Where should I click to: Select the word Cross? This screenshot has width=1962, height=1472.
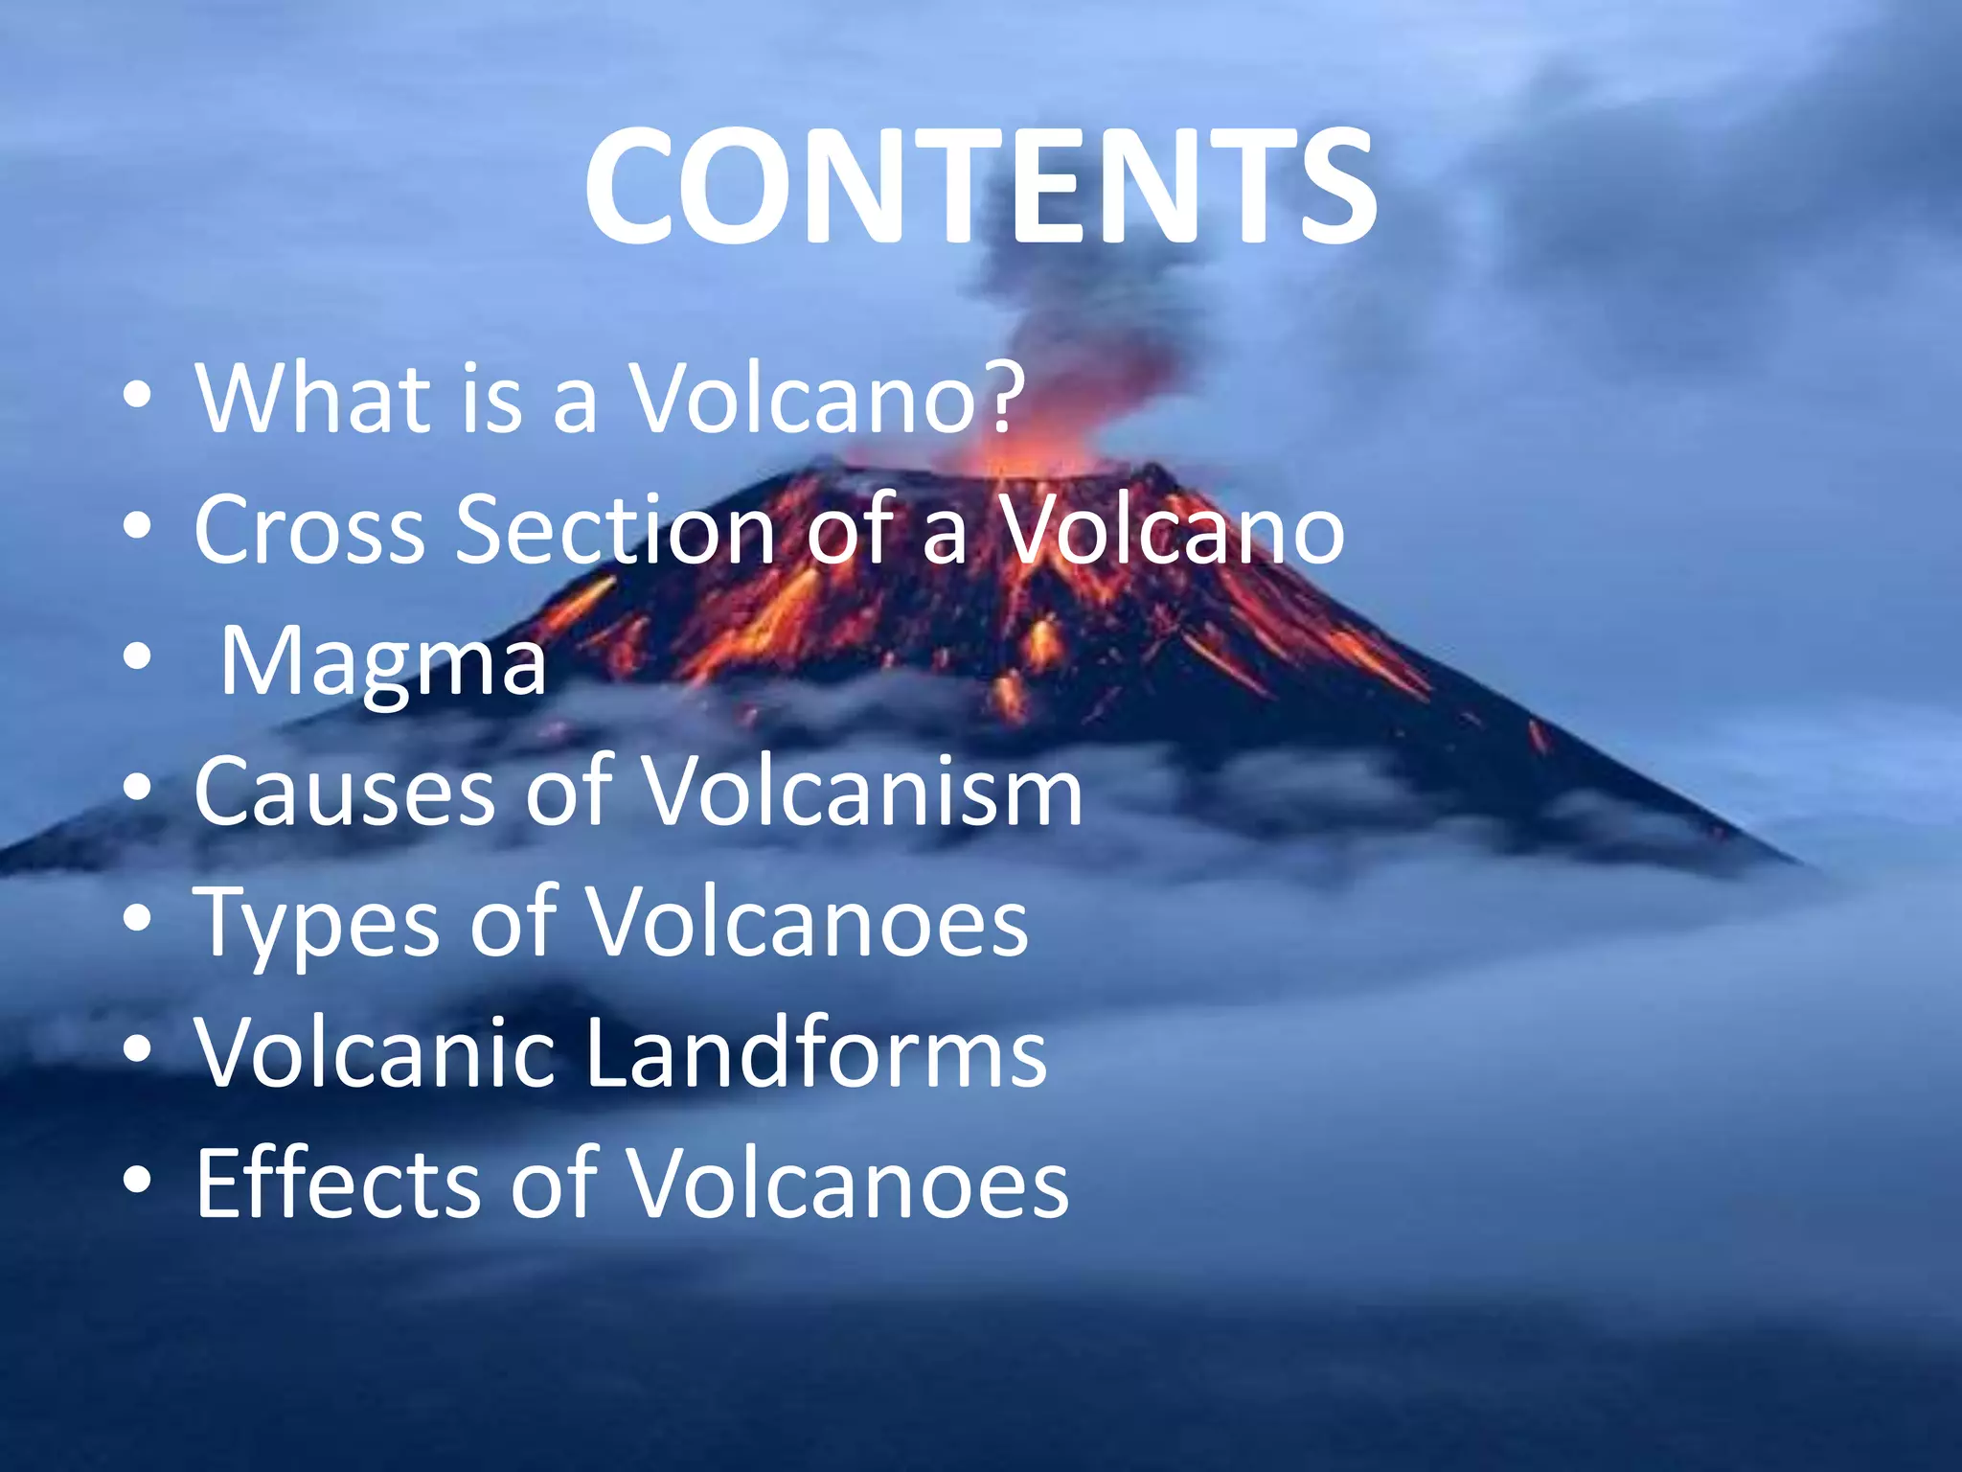pos(308,529)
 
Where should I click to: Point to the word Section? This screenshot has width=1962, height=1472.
pos(613,529)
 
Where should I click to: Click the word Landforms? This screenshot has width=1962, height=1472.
pos(815,1053)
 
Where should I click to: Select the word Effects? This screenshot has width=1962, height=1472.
pos(335,1184)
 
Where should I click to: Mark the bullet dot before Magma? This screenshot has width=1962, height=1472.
pos(138,657)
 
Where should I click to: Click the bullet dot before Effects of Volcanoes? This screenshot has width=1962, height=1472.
pos(138,1182)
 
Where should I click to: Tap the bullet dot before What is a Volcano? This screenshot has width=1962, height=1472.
pos(138,395)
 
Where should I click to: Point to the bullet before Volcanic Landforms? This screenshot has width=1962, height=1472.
pos(138,1050)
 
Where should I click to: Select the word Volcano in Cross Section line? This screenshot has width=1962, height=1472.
pos(1173,529)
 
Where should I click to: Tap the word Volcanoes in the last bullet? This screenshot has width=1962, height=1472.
pos(847,1184)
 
